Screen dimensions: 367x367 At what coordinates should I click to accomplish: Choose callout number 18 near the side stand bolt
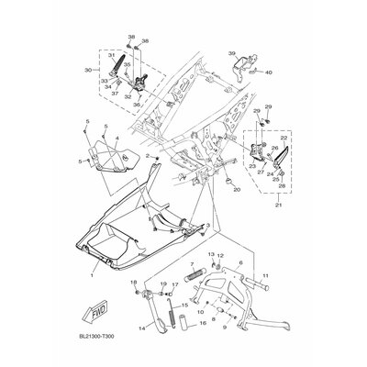133,282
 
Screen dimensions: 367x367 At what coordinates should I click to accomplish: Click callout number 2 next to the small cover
146,157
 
